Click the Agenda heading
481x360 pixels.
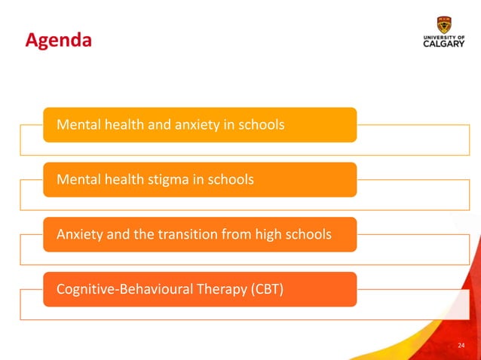point(58,40)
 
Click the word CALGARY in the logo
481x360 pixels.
point(445,44)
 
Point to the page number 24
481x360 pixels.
point(461,346)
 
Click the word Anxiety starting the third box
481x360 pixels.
point(81,234)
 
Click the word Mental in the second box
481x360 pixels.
point(77,179)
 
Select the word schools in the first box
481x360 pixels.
point(261,124)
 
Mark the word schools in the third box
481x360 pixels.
point(308,234)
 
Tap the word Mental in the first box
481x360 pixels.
point(77,124)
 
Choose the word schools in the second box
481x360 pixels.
point(230,179)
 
